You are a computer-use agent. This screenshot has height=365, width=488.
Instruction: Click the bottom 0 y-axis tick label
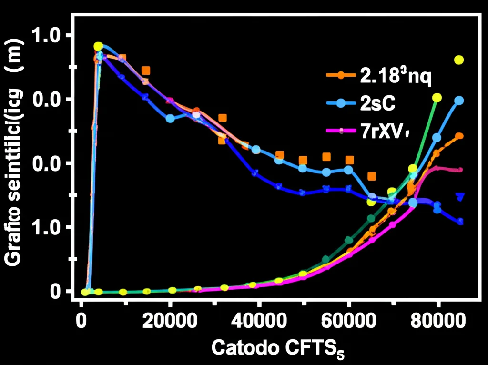[x=56, y=291]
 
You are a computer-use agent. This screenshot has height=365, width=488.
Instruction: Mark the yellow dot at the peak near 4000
[x=98, y=46]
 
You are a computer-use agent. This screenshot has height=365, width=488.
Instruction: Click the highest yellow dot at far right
[x=459, y=60]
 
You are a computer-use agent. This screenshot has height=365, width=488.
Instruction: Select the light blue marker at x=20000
[x=170, y=118]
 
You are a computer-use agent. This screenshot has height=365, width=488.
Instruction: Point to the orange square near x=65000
[x=372, y=176]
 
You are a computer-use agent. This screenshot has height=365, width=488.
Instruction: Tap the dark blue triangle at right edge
[x=460, y=196]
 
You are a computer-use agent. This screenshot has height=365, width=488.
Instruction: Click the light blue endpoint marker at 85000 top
[x=459, y=101]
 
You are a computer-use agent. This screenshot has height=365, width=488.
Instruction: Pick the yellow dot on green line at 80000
[x=437, y=98]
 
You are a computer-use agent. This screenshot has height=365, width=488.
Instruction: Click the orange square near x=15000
[x=146, y=71]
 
